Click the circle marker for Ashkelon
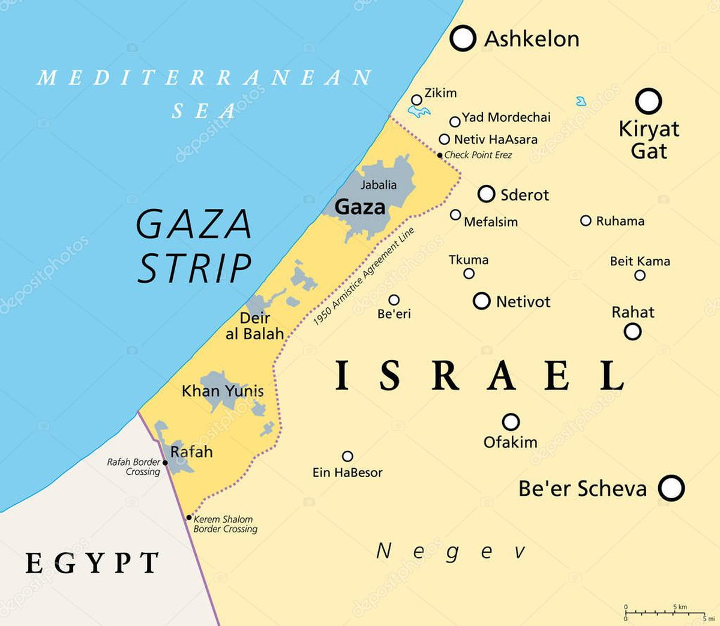[x=463, y=38]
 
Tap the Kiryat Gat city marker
[x=649, y=101]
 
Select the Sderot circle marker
[x=487, y=194]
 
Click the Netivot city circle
[x=482, y=301]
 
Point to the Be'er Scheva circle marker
[x=671, y=488]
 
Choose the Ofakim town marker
[x=511, y=422]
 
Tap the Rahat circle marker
[x=632, y=331]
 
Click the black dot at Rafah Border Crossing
[x=166, y=463]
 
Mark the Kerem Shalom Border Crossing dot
[x=189, y=517]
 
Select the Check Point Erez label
[x=478, y=155]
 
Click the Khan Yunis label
[x=223, y=391]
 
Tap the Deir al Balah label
[x=254, y=326]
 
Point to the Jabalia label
[x=378, y=185]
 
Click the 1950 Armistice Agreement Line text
[x=364, y=277]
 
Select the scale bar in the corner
[x=665, y=613]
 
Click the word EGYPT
[x=92, y=563]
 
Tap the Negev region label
[x=451, y=551]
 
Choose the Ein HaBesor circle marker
[x=347, y=456]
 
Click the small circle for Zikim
[x=416, y=100]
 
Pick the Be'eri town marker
[x=394, y=299]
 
